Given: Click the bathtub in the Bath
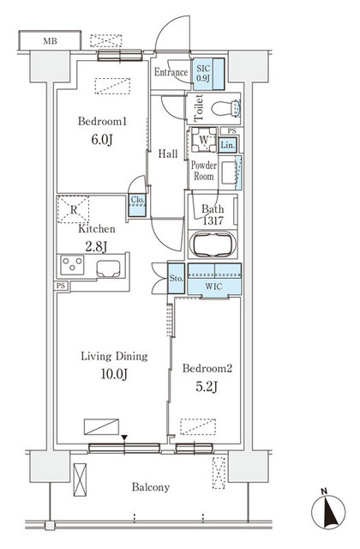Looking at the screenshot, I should [x=214, y=244].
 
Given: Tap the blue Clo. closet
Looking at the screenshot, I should [x=137, y=204].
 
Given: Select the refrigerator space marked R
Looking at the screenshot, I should [x=75, y=208].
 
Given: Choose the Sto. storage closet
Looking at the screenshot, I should [x=175, y=279].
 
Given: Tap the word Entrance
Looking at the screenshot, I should [x=171, y=73].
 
